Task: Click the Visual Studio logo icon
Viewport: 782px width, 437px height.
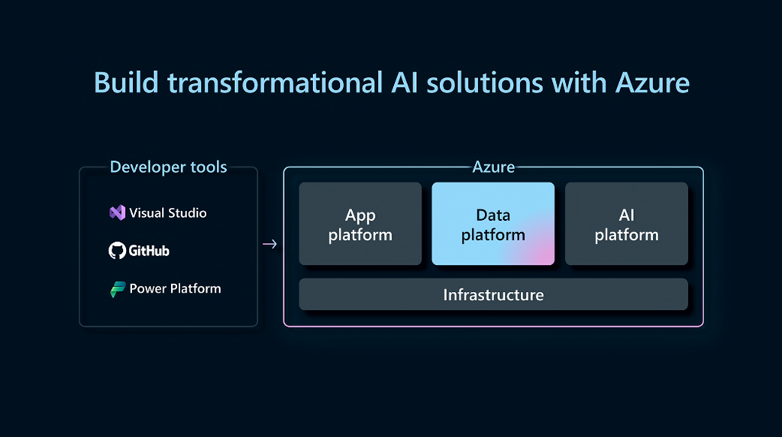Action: point(117,212)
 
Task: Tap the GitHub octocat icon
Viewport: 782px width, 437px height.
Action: point(117,251)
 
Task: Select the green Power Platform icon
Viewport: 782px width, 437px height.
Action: point(118,289)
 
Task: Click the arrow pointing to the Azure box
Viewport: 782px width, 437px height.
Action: point(270,244)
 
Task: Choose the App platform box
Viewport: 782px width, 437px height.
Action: point(360,224)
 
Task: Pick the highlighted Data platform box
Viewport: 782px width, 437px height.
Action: point(493,224)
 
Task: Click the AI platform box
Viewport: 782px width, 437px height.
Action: point(626,224)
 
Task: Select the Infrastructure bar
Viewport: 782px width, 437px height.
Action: point(493,294)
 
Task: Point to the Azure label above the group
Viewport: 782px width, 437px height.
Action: point(493,167)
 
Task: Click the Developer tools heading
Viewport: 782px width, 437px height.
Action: point(168,167)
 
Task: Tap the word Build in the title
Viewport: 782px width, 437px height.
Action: point(126,83)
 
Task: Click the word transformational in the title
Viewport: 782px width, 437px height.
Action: point(275,83)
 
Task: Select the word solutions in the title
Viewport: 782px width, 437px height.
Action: point(484,83)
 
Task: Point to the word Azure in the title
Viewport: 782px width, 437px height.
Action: point(652,83)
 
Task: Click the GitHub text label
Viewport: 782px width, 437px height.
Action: point(149,251)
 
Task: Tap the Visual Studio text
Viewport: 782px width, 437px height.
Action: point(167,213)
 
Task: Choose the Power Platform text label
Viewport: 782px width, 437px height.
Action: point(175,288)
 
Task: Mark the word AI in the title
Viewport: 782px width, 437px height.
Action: point(405,83)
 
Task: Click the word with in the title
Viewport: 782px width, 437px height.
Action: point(579,83)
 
